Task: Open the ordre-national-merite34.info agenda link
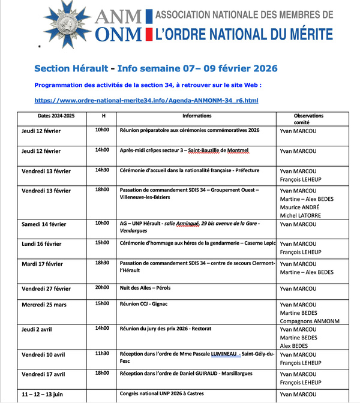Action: coord(146,100)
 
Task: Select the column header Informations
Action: coord(197,116)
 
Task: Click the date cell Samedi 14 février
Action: coord(44,224)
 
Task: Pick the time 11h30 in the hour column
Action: coord(102,353)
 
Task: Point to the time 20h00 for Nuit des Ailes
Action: coord(102,288)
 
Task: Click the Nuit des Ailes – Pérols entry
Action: coord(145,288)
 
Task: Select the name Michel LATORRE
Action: coord(301,215)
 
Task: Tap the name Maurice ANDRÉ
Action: coord(301,207)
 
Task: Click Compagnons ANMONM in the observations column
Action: coord(309,321)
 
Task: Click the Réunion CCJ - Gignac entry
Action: coord(147,304)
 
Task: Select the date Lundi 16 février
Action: coord(41,244)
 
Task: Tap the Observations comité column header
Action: coord(308,119)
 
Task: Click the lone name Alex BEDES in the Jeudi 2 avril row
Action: coord(295,345)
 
